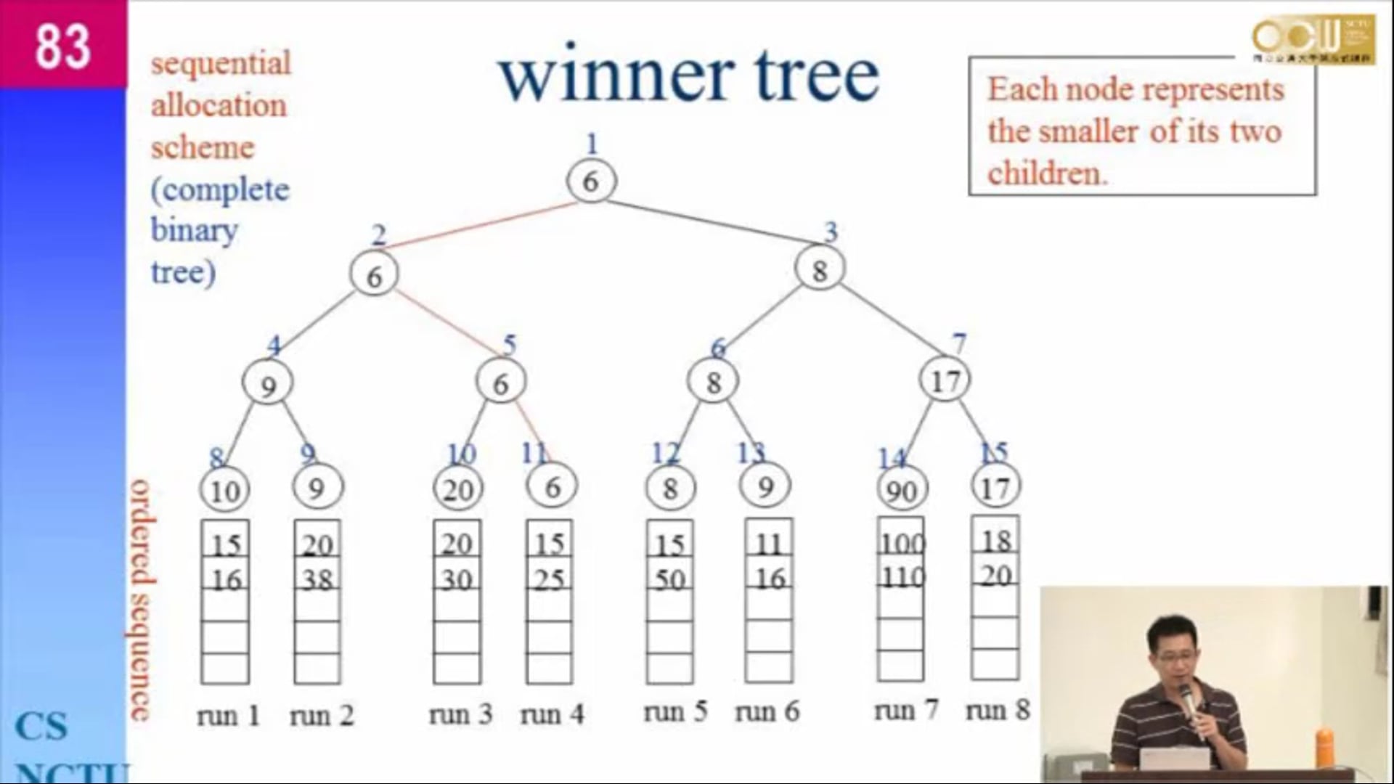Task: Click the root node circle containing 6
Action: [x=591, y=181]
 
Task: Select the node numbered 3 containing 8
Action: [x=820, y=270]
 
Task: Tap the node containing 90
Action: [x=901, y=490]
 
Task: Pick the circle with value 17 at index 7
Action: [x=945, y=380]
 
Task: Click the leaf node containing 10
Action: [x=224, y=490]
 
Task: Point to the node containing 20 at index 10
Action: [x=457, y=490]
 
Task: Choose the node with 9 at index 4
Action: [x=268, y=385]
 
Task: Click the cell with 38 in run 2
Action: [x=317, y=579]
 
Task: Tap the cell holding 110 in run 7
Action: [x=902, y=577]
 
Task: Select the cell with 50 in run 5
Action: [x=669, y=579]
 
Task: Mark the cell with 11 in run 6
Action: [x=769, y=543]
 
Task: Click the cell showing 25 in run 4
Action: [x=549, y=579]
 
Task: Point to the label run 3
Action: [x=460, y=714]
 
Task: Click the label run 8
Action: [x=997, y=710]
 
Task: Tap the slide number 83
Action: [x=63, y=45]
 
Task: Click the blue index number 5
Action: [x=510, y=344]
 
